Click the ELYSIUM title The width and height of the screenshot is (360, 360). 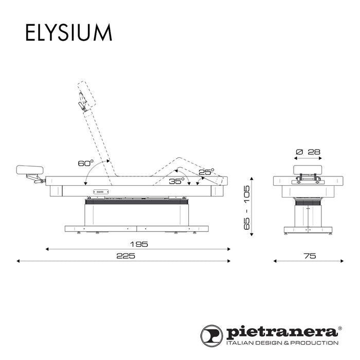coord(68,32)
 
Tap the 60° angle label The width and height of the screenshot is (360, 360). coord(85,164)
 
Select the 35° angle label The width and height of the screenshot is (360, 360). coord(176,182)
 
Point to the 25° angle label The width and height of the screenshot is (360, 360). coord(206,172)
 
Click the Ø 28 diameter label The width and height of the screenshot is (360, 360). coord(309,152)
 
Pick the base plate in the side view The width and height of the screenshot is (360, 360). coord(137,228)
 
